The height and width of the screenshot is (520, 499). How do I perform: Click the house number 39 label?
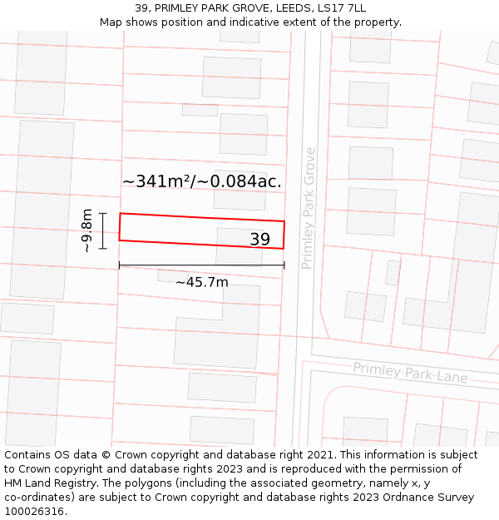(259, 240)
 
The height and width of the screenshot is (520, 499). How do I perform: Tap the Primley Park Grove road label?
(309, 208)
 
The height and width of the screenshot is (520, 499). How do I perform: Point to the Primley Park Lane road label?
(410, 372)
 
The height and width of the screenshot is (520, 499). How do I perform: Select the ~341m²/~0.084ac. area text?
(201, 181)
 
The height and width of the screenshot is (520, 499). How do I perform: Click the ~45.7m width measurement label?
(201, 282)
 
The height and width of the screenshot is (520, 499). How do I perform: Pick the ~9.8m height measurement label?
(86, 230)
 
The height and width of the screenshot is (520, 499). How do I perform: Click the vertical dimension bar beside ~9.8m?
(103, 230)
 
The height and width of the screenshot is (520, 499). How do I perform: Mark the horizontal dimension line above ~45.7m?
(201, 265)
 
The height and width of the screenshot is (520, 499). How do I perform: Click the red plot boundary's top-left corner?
(121, 214)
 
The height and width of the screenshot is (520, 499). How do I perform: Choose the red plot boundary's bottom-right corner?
(284, 248)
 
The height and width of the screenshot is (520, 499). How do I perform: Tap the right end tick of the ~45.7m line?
(284, 265)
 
